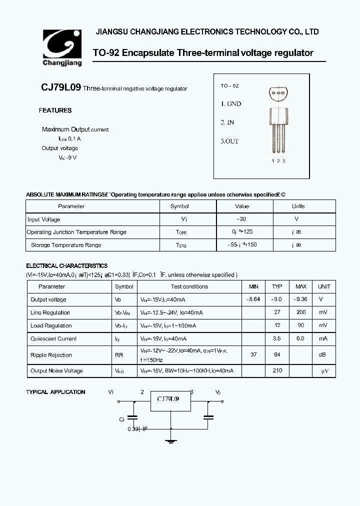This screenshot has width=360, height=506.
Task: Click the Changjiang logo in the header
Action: point(62,47)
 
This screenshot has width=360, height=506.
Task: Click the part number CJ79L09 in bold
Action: point(60,87)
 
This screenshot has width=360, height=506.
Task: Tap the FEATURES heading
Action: point(55,110)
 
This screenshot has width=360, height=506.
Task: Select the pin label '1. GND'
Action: point(231,104)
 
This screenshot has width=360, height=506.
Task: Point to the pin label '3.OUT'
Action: point(230,141)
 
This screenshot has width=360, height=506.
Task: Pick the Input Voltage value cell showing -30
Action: point(242,219)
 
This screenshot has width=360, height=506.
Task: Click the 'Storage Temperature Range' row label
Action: point(66,245)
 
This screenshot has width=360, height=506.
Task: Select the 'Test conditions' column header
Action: point(189,286)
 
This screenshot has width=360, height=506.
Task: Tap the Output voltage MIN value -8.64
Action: point(253,299)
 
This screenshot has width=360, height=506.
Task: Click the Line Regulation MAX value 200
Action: point(300,312)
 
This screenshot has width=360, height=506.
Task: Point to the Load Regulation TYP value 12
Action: point(277,325)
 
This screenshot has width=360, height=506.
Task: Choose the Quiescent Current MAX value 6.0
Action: point(300,338)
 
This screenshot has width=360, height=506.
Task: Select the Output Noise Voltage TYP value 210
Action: point(277,370)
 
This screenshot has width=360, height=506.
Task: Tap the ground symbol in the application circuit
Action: point(171,439)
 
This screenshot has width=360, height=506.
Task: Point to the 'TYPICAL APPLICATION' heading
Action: point(55,392)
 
